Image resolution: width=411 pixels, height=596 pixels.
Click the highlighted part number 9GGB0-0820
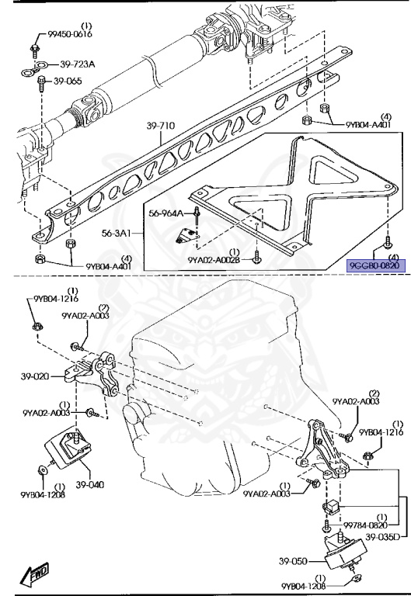tap(376, 265)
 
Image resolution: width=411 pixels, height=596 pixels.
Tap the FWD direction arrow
tap(35, 573)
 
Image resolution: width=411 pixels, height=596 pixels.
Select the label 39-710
tap(161, 126)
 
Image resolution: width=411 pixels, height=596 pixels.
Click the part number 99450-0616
tap(70, 34)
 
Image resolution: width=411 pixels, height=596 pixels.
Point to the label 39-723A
tap(77, 64)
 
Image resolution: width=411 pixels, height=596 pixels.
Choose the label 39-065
tap(68, 81)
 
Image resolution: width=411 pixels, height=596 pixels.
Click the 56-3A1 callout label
tap(116, 233)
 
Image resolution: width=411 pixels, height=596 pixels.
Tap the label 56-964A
tap(165, 213)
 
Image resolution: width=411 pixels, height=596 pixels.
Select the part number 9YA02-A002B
tap(214, 260)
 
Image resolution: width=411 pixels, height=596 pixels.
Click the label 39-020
tap(35, 376)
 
